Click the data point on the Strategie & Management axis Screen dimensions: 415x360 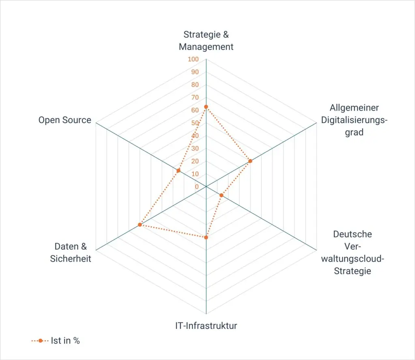point(206,107)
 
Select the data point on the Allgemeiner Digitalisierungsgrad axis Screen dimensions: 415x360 point(250,161)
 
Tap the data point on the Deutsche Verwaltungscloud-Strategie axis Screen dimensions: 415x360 point(222,196)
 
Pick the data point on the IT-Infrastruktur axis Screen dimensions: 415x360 point(206,238)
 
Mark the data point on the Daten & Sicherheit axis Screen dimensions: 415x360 point(140,225)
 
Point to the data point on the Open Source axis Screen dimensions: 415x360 point(178,170)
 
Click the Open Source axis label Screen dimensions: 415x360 point(65,120)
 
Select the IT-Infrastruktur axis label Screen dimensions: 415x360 point(206,326)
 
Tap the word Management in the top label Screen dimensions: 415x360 point(206,47)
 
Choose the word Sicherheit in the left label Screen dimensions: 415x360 point(71,259)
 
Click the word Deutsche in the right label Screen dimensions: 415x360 point(353,234)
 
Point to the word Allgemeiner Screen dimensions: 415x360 point(354,108)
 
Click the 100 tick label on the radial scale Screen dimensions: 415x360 point(193,59)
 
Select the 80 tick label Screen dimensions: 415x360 point(195,85)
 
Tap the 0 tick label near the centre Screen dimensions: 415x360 point(197,187)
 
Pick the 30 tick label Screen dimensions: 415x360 point(195,148)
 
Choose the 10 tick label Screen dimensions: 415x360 point(195,174)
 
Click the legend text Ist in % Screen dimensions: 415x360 point(65,341)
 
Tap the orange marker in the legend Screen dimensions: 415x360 point(40,341)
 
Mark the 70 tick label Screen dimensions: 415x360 point(195,97)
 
